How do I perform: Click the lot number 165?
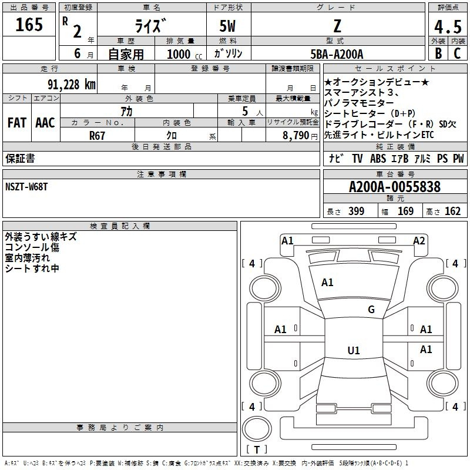29,24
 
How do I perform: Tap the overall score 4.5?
448,26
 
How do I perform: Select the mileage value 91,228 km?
72,85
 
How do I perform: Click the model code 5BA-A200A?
337,54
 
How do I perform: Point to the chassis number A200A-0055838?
395,187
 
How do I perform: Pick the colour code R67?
97,136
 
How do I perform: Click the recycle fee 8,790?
296,136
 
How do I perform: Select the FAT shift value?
17,123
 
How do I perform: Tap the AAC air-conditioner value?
45,123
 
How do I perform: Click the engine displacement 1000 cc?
184,54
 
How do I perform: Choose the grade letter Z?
337,26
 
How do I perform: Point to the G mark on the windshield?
371,310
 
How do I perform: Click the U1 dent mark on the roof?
354,350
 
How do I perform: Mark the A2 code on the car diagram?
419,241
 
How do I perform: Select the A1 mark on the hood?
327,283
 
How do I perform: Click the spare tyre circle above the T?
257,429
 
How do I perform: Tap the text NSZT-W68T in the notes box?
26,187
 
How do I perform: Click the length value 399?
357,211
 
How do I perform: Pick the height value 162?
452,211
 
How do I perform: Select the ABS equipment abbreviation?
378,159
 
